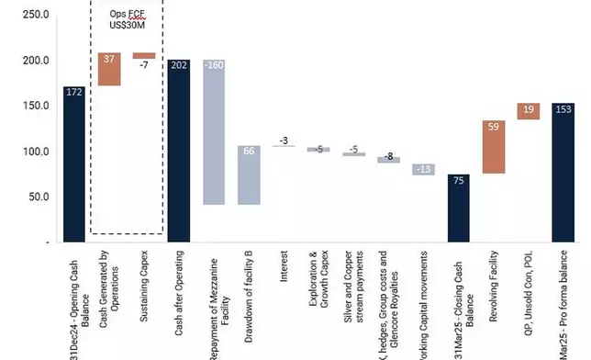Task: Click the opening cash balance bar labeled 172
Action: pos(74,163)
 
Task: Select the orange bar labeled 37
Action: pos(109,69)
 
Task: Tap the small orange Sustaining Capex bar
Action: pos(144,56)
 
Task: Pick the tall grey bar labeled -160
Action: pos(214,132)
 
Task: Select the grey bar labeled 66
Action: pos(249,174)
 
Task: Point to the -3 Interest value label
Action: pos(284,141)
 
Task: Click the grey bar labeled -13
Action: pos(423,169)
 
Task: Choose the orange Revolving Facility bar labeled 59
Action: pos(493,147)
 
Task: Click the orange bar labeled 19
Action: pos(528,111)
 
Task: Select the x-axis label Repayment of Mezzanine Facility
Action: pos(214,303)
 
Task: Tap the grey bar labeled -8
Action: pos(388,160)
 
